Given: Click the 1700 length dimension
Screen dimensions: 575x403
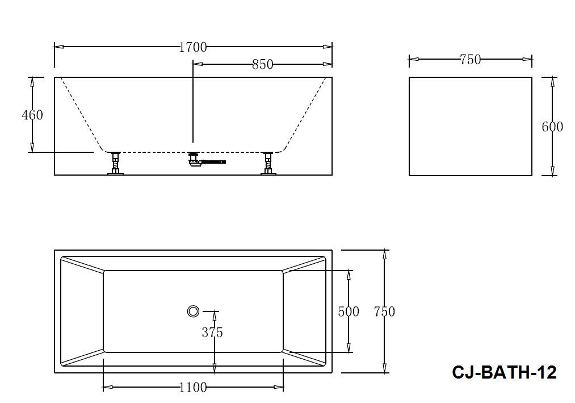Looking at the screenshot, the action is [193, 47].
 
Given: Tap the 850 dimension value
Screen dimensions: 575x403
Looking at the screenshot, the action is [263, 65].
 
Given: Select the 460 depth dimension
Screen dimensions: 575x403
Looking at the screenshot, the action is [32, 115].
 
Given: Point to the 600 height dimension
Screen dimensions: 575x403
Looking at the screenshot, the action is [552, 127].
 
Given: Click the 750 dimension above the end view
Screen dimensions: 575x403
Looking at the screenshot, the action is [470, 60].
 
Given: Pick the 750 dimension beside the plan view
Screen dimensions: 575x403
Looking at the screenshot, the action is [384, 311].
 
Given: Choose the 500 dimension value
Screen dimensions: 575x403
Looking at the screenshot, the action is [349, 311].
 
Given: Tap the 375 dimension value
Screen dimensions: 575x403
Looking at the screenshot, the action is [212, 333].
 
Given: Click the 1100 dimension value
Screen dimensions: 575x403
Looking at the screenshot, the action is [193, 387].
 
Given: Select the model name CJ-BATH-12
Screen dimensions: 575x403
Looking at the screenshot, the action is [504, 372].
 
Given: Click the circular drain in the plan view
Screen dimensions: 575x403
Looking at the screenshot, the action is [193, 311].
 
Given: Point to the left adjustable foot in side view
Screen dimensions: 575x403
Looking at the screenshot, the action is [116, 163].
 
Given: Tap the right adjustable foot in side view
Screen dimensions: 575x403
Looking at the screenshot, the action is [268, 163].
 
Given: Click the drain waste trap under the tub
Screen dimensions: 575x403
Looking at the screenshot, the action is [206, 160].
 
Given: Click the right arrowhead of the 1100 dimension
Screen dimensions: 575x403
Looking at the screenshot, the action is [279, 387].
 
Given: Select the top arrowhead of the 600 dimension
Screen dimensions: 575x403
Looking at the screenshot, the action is [552, 82].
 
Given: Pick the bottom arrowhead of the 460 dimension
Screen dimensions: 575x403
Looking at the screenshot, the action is [32, 147].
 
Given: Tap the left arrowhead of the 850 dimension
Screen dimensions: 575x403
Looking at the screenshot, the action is [198, 64].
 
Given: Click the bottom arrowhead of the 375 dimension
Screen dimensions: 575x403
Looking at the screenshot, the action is [214, 368].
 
